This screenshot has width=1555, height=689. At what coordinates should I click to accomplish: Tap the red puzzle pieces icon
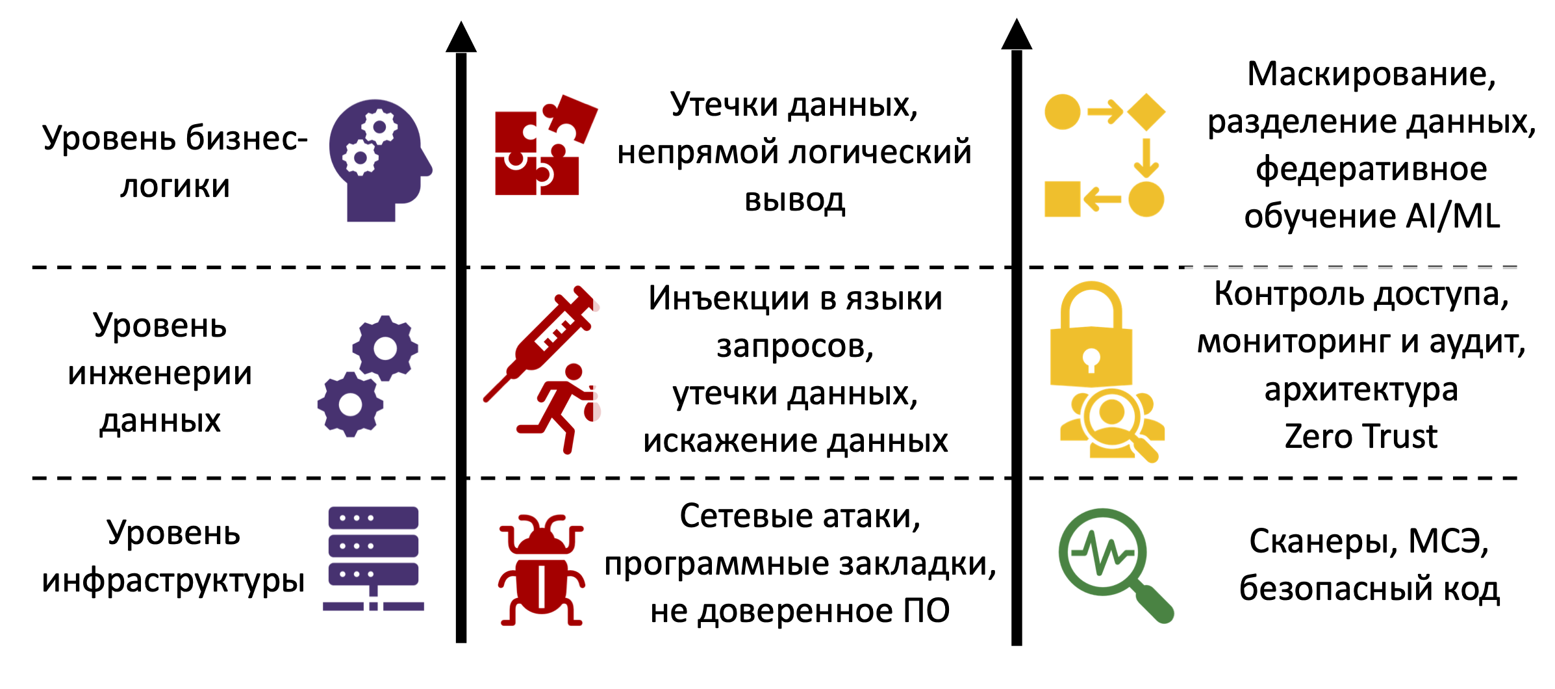[542, 146]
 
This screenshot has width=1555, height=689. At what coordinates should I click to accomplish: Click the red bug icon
[541, 570]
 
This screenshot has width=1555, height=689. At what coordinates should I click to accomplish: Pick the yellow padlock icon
[1091, 338]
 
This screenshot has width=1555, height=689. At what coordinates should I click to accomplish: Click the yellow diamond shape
[1146, 112]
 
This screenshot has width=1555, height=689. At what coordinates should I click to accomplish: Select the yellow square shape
[1062, 199]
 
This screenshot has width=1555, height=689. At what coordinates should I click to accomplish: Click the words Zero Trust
[1361, 436]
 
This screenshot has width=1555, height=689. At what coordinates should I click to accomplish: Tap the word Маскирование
[1371, 74]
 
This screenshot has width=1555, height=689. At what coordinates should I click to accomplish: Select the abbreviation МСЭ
[1448, 541]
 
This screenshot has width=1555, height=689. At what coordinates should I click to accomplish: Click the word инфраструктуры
[173, 580]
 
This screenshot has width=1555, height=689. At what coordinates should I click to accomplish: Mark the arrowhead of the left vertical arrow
[461, 38]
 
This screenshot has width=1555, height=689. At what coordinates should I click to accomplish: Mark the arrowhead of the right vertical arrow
[1017, 35]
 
